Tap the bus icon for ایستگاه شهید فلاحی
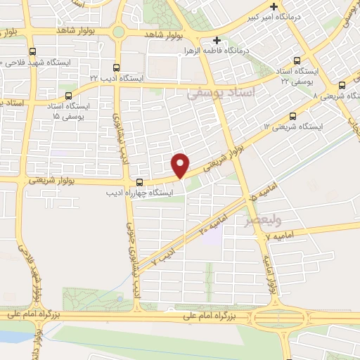coord(33,51)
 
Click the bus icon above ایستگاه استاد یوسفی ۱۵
coord(68,96)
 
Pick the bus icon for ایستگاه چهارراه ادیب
coord(139,182)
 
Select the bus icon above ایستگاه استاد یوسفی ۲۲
coord(297,60)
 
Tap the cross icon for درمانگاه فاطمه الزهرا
coord(217,41)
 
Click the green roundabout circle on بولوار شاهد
coord(119,32)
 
